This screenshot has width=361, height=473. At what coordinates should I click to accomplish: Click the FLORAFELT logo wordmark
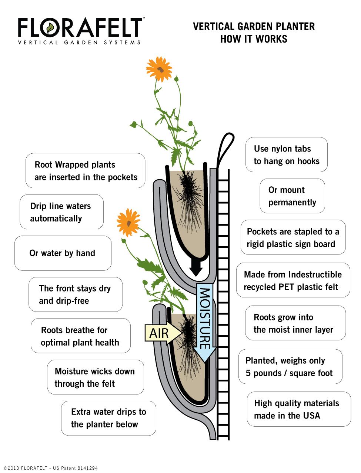pos(80,27)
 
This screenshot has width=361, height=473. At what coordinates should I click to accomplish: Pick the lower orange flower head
pos(128,222)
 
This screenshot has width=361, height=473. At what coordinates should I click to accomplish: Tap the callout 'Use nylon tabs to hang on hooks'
pos(287,155)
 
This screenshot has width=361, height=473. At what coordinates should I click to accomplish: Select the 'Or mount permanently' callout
pos(292,196)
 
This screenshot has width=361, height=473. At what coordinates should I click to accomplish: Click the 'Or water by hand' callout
pos(63,253)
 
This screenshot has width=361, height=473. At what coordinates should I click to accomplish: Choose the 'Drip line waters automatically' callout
pos(61,212)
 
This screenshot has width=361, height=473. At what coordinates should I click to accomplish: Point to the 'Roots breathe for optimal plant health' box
pos(80,336)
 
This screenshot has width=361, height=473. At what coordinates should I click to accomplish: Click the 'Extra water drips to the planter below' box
pos(108,418)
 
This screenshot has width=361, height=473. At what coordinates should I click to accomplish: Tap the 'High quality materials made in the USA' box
pos(298,409)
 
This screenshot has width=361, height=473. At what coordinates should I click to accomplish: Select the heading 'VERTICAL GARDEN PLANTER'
pos(254,26)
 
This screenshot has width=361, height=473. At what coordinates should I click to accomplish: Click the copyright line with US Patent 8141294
pos(50,468)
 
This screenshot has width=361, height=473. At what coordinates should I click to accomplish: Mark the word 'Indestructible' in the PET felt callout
pos(315,274)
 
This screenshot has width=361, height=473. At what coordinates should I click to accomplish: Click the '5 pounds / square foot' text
pos(289,373)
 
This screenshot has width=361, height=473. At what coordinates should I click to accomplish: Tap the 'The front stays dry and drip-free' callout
pos(75,294)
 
